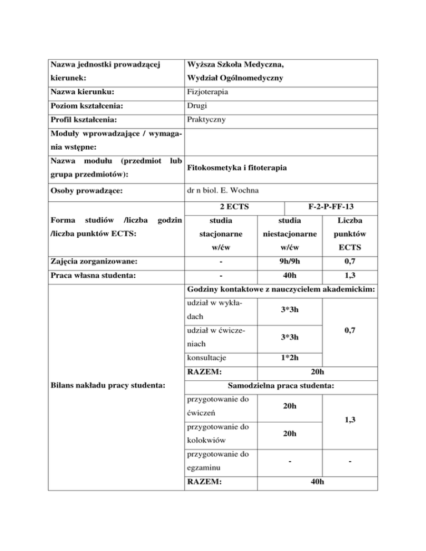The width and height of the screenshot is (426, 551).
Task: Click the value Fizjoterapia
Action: pos(209,91)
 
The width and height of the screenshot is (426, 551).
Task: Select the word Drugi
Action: pos(198,105)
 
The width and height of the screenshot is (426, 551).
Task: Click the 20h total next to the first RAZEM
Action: pos(318,371)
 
